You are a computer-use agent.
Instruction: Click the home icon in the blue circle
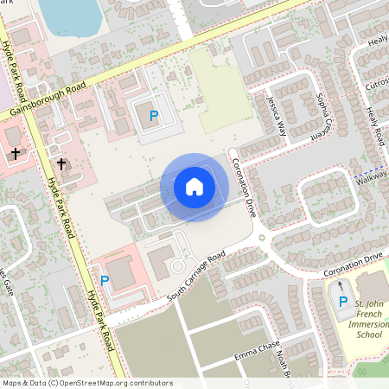(194, 187)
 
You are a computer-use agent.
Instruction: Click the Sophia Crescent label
(322, 117)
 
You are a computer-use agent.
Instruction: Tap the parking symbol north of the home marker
(154, 115)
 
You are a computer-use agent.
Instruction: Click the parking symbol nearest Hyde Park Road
(105, 280)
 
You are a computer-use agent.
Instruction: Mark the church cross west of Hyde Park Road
(16, 153)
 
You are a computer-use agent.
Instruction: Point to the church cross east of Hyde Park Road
(61, 163)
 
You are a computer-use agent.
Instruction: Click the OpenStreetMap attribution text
(87, 382)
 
